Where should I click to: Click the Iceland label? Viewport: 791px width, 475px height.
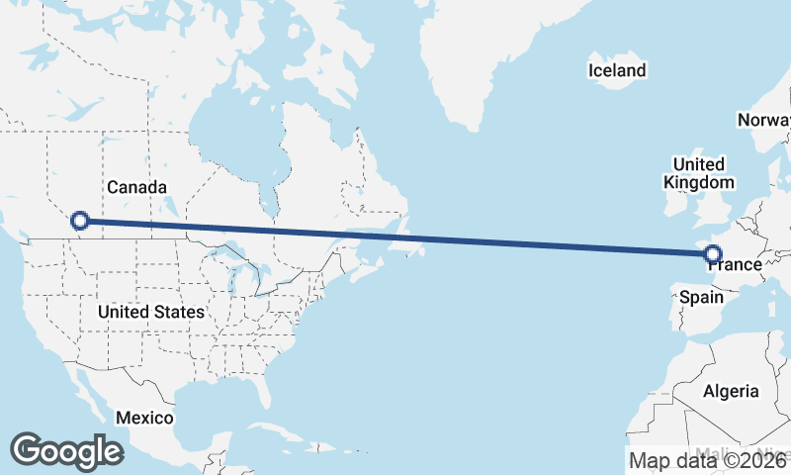616,70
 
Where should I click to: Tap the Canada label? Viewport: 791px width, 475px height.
135,187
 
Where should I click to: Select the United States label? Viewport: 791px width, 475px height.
151,312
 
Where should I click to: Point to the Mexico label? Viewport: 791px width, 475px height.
144,418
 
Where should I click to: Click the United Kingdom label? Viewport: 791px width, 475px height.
699,173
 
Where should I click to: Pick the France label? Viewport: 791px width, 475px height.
736,265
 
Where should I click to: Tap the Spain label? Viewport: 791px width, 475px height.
700,297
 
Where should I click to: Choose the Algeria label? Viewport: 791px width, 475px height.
731,391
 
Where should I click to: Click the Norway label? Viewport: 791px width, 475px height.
763,121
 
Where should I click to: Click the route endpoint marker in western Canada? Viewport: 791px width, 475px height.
80,222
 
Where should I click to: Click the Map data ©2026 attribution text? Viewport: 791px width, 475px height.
708,460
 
